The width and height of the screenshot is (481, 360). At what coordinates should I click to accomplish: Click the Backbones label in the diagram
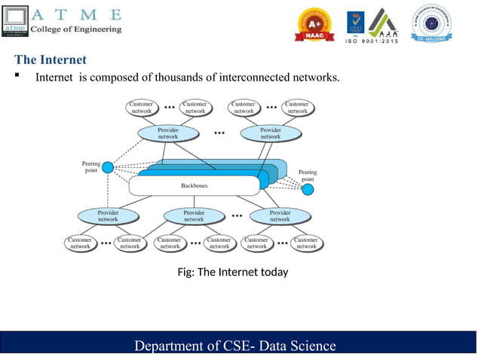coord(195,185)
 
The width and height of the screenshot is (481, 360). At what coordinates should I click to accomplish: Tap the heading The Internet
coord(51,59)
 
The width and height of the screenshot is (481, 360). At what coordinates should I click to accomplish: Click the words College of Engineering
coord(75,29)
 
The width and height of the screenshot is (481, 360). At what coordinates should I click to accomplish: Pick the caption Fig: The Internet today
coord(232,272)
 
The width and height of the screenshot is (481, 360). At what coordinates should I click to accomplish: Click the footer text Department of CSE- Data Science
coord(234,346)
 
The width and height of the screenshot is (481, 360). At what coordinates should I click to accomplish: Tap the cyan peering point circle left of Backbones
coord(108,167)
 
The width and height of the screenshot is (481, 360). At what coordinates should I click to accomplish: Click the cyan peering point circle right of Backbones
coord(308,190)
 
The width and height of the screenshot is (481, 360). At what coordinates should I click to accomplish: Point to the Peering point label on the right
coord(308,175)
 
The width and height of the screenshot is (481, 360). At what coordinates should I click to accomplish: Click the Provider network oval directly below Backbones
coord(194,215)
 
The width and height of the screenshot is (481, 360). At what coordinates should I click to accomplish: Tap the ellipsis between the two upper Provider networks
coord(219,133)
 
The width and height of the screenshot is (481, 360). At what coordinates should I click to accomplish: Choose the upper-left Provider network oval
coord(168,133)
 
